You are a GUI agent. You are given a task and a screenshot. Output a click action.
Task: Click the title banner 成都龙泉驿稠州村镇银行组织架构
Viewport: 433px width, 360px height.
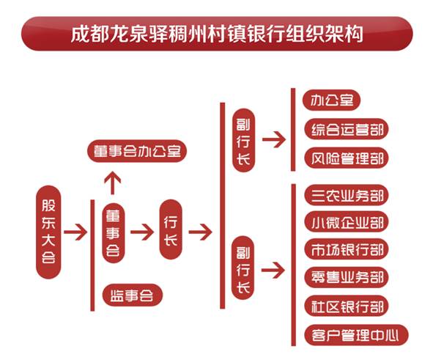(x=217, y=34)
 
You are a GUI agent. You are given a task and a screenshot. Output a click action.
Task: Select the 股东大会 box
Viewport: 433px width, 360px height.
(x=48, y=232)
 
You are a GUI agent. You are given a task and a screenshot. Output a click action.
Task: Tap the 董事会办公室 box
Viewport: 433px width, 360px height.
(x=137, y=151)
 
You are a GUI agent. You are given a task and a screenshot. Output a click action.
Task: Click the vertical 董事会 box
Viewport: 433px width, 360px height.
(x=114, y=233)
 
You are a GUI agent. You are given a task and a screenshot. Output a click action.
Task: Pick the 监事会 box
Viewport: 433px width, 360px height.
(x=133, y=295)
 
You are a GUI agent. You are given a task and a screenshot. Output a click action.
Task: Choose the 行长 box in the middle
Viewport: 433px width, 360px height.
(x=171, y=229)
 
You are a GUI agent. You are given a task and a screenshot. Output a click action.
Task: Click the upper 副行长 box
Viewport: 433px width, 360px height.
(x=243, y=141)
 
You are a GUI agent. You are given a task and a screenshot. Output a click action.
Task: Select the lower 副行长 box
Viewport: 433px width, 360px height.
(x=243, y=268)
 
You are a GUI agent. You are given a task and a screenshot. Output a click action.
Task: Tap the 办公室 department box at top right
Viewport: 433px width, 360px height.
(x=332, y=100)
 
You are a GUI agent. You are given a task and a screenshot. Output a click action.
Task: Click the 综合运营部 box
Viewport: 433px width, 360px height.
(x=347, y=129)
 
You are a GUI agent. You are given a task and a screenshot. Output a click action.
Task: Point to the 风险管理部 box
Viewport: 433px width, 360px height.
(x=347, y=158)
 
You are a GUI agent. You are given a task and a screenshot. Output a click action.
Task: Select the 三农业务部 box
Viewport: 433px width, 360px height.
(x=347, y=195)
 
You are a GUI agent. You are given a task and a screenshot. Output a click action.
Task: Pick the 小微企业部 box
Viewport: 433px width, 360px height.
(x=347, y=222)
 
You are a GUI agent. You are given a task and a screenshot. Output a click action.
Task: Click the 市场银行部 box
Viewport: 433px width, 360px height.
(x=347, y=249)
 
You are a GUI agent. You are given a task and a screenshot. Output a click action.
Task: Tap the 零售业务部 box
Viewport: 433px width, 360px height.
(x=347, y=277)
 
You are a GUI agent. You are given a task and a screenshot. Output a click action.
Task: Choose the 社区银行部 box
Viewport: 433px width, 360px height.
(x=347, y=306)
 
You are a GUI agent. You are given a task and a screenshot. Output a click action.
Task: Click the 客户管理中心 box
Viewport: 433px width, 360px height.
(x=356, y=336)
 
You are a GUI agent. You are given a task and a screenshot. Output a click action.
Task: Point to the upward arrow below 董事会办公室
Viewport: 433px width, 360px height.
(x=112, y=183)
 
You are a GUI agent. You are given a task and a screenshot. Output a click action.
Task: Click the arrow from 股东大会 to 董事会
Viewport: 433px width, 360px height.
(x=75, y=232)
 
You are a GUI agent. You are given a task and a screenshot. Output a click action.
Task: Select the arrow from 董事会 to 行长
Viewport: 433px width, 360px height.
(x=142, y=232)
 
